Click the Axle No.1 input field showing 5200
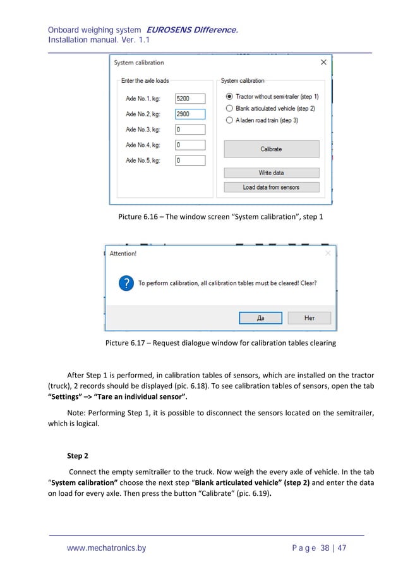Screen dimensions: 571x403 coord(189,99)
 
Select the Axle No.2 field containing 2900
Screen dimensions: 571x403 coord(189,114)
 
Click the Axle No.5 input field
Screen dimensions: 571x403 coord(189,161)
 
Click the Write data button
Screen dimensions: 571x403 coord(271,173)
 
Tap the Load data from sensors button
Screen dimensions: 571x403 coord(271,187)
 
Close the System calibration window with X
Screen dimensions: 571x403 coord(323,63)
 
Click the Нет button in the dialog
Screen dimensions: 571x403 coord(309,318)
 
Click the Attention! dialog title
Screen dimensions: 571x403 coord(123,254)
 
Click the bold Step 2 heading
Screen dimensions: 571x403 coord(78,455)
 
